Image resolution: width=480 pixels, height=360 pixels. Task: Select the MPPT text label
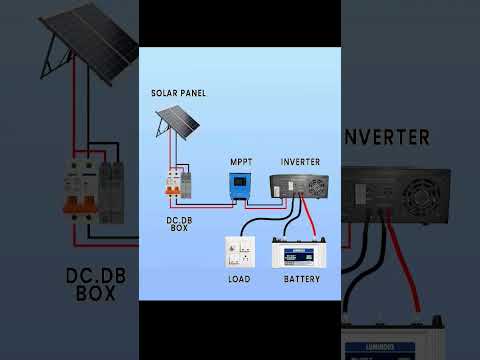click(242, 160)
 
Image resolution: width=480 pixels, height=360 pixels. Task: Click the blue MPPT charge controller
click(242, 184)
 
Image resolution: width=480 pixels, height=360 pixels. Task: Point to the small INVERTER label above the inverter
click(301, 161)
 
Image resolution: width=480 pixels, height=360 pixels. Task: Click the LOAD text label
click(240, 279)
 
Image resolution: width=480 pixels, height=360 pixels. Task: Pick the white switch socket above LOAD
click(240, 251)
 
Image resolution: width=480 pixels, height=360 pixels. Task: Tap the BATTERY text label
click(302, 279)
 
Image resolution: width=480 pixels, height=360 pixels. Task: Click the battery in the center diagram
click(302, 254)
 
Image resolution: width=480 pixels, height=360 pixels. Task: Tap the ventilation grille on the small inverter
click(317, 185)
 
